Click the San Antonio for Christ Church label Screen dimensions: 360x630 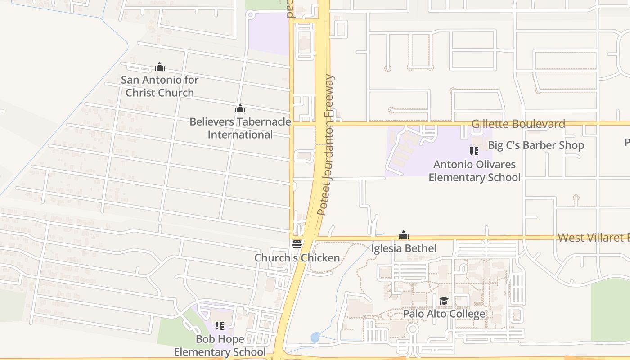160,86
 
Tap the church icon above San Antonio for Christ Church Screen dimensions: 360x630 160,67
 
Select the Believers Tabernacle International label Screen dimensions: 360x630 240,128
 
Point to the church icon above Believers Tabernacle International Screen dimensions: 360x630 240,108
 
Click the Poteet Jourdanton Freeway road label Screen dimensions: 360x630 326,145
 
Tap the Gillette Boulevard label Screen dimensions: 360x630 518,124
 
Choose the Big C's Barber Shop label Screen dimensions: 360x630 536,145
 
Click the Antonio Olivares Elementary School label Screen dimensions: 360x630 474,171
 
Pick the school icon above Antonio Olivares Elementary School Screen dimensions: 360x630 474,151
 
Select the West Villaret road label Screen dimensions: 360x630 593,238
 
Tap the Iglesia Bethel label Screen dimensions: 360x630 404,248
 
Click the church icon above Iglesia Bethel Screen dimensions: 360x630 404,235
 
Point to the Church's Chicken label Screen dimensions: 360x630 297,258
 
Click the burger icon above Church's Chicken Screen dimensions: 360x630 297,244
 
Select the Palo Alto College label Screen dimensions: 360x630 444,314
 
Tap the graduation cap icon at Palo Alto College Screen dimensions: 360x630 444,301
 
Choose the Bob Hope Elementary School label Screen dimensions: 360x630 220,345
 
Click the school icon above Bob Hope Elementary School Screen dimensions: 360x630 220,325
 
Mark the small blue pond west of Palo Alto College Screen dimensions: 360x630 315,337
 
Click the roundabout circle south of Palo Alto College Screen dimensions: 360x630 412,330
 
